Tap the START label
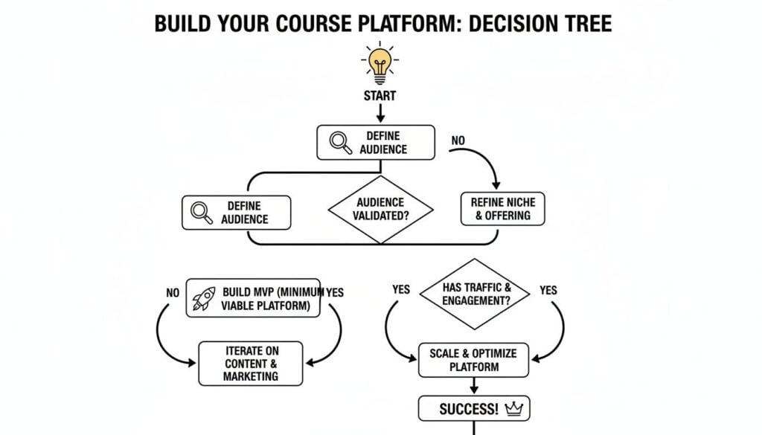pos(380,96)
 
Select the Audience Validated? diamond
pos(380,209)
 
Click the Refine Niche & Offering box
pos(502,209)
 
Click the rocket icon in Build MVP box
pos(204,297)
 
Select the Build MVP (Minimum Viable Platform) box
pos(253,298)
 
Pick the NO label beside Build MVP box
pos(173,293)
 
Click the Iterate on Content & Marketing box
pos(251,364)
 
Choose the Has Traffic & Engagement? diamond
pos(475,294)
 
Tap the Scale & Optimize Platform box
pos(473,360)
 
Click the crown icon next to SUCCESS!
pos(513,409)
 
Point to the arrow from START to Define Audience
pos(380,113)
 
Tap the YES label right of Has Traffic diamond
pos(548,291)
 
